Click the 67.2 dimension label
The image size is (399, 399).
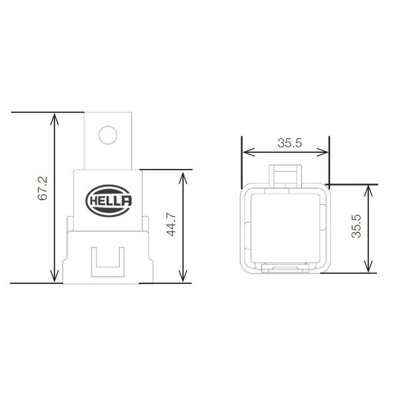pos(41,189)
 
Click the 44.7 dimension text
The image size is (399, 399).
pos(170,225)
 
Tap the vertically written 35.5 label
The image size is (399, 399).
pos(356,226)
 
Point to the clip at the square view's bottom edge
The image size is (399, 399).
pos(286,269)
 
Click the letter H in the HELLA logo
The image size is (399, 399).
pos(92,199)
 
